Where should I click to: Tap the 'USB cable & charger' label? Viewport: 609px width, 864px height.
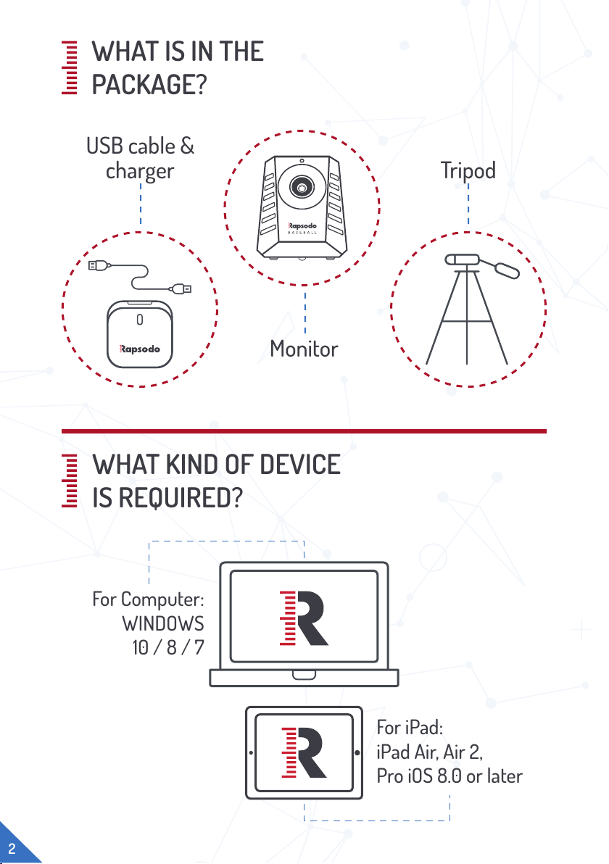click(x=140, y=159)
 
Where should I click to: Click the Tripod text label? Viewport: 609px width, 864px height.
click(x=468, y=170)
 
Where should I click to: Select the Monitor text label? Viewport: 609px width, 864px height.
click(x=304, y=349)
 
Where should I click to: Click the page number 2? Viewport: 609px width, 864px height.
click(x=12, y=848)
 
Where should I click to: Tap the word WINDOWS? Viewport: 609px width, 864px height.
click(x=163, y=623)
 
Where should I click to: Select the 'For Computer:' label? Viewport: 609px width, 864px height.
click(x=148, y=600)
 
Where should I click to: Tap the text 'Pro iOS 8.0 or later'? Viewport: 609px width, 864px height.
click(x=449, y=776)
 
